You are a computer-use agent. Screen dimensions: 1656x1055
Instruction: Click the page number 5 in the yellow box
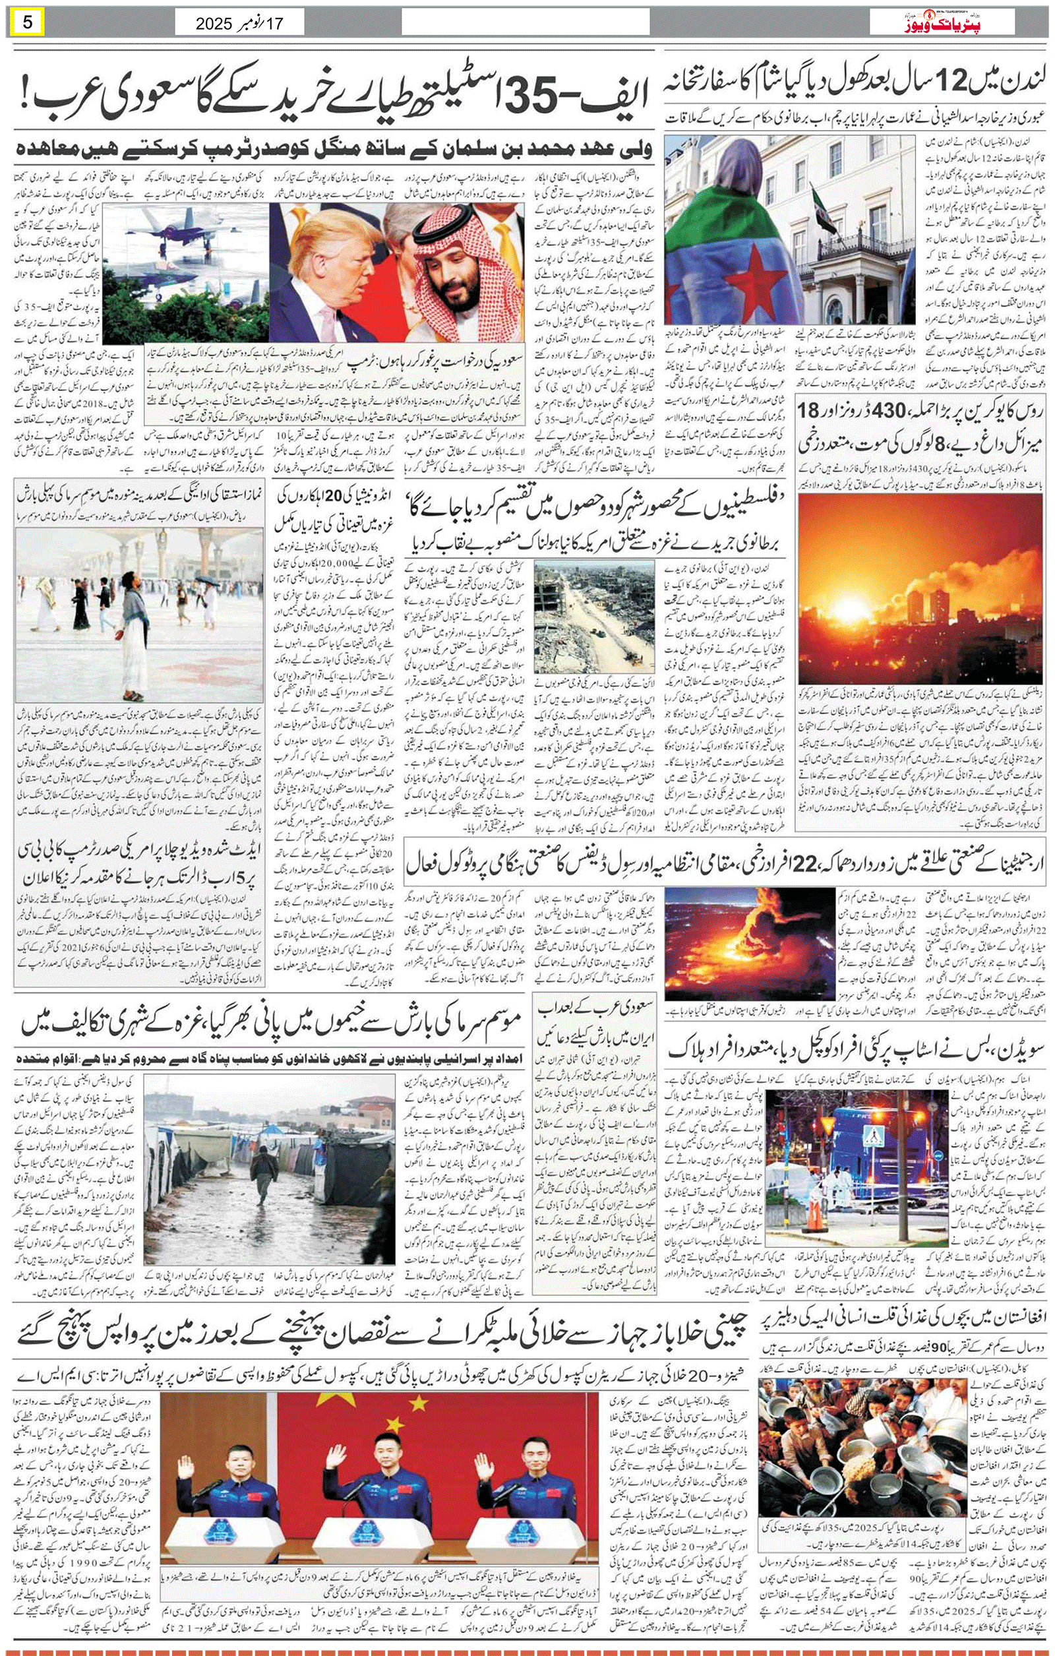click(x=27, y=22)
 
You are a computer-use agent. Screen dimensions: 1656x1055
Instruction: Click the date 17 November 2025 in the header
click(x=239, y=23)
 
